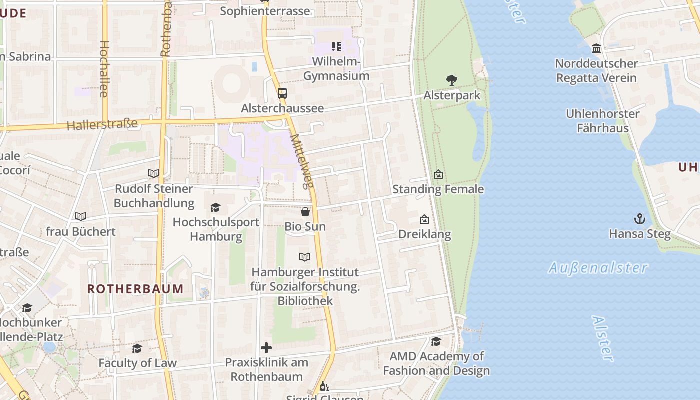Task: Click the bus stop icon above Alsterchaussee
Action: [x=282, y=93]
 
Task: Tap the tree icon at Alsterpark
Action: [x=452, y=80]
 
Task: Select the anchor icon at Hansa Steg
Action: [x=639, y=219]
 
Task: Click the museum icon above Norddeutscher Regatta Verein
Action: [x=596, y=49]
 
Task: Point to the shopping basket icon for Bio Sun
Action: [x=305, y=212]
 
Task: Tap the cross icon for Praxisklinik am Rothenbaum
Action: [x=266, y=348]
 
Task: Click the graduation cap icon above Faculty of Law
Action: [x=137, y=348]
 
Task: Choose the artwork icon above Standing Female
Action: [x=438, y=174]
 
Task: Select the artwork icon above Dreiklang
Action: [x=424, y=219]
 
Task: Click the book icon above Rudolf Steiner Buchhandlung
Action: [x=154, y=174]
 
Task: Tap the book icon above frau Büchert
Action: [x=81, y=216]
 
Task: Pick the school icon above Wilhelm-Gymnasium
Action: [x=336, y=47]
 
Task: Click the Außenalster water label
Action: [x=598, y=268]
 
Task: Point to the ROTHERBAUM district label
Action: [x=135, y=289]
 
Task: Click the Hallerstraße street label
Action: [x=102, y=124]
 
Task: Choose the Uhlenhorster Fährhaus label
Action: [x=602, y=121]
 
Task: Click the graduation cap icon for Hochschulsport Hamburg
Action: [x=215, y=207]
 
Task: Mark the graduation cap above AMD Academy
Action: [x=436, y=341]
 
